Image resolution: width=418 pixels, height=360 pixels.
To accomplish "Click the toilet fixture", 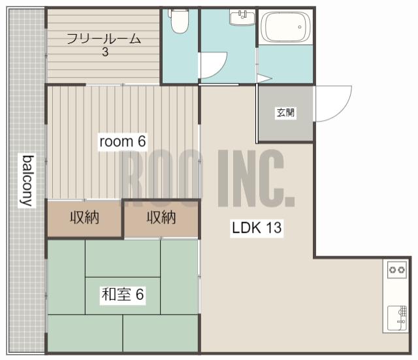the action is [180, 21].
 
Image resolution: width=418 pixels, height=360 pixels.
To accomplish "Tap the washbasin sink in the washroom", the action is [242, 18].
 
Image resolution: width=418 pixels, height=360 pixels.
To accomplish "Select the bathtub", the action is [286, 27].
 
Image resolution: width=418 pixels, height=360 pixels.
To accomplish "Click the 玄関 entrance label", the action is [285, 112].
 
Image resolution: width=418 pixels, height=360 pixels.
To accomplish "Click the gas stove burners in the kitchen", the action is [397, 270].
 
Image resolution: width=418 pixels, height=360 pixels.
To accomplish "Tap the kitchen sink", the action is [397, 318].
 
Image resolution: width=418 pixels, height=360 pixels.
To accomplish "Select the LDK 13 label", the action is [257, 228].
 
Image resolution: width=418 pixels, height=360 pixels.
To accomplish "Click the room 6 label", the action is [123, 141].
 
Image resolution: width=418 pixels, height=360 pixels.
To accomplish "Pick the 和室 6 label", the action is [123, 295].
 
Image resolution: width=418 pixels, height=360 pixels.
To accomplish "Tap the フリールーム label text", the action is [104, 39].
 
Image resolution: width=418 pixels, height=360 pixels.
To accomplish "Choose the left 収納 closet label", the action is [84, 218].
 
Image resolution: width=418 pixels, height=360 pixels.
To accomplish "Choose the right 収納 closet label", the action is [161, 218].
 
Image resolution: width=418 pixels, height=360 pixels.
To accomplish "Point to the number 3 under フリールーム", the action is [105, 52].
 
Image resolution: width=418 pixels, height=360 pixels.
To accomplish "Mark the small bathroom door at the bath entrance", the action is [264, 78].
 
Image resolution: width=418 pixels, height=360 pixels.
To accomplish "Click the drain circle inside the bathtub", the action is [300, 27].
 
